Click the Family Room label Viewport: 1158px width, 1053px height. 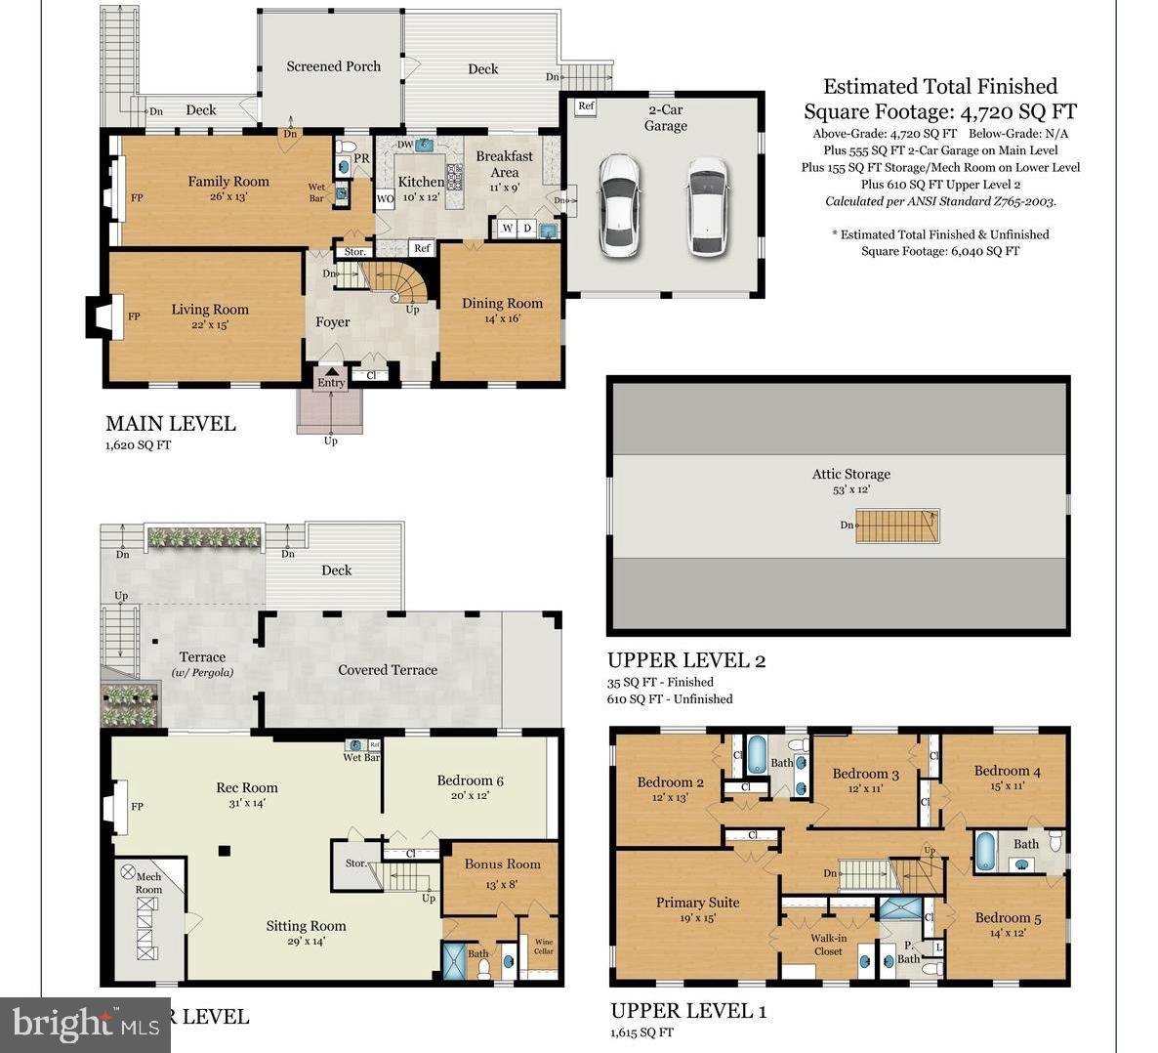click(x=228, y=181)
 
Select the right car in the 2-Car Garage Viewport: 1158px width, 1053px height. click(x=708, y=206)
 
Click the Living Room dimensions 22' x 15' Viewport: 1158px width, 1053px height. click(x=210, y=325)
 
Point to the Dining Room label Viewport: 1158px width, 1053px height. click(x=502, y=303)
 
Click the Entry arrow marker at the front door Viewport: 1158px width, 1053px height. click(x=331, y=371)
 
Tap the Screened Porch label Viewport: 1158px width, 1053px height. click(x=333, y=66)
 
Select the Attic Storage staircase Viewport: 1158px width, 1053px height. click(x=897, y=526)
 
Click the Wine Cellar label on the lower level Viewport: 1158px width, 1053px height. click(x=543, y=947)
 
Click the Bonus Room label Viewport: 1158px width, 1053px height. click(x=502, y=863)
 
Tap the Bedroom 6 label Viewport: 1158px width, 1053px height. click(x=470, y=779)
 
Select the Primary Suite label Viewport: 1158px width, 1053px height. click(x=697, y=903)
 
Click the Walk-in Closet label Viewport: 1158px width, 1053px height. click(x=828, y=945)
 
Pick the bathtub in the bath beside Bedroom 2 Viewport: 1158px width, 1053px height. click(x=757, y=755)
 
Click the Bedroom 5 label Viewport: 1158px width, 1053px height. click(x=1008, y=917)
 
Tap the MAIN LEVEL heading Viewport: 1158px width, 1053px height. click(x=170, y=423)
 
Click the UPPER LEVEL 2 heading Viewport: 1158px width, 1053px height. click(x=685, y=659)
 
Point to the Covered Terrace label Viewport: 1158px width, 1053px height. click(x=387, y=670)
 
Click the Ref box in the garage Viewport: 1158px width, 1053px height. click(x=586, y=106)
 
